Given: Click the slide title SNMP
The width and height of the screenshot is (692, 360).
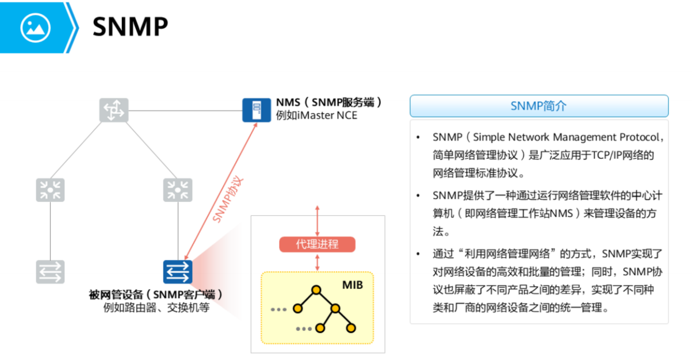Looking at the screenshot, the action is (x=130, y=26).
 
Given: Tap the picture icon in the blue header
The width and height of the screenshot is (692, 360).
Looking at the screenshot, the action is (x=35, y=26).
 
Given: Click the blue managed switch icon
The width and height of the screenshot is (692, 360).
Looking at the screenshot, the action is (x=177, y=271).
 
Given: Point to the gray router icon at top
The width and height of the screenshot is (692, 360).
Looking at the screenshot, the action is (x=113, y=110).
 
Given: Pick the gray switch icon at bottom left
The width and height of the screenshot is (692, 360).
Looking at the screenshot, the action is (x=51, y=271).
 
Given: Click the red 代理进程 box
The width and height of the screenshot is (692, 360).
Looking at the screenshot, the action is (x=317, y=244).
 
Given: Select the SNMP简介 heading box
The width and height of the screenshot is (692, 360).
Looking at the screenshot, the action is (x=538, y=106).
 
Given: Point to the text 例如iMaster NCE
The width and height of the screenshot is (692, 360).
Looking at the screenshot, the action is (x=316, y=116).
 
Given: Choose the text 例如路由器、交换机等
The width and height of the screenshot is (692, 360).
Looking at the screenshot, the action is (x=156, y=308).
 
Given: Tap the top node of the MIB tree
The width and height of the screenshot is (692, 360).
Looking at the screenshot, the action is (x=315, y=290).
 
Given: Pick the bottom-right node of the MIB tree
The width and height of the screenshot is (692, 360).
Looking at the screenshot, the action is (x=351, y=328).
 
